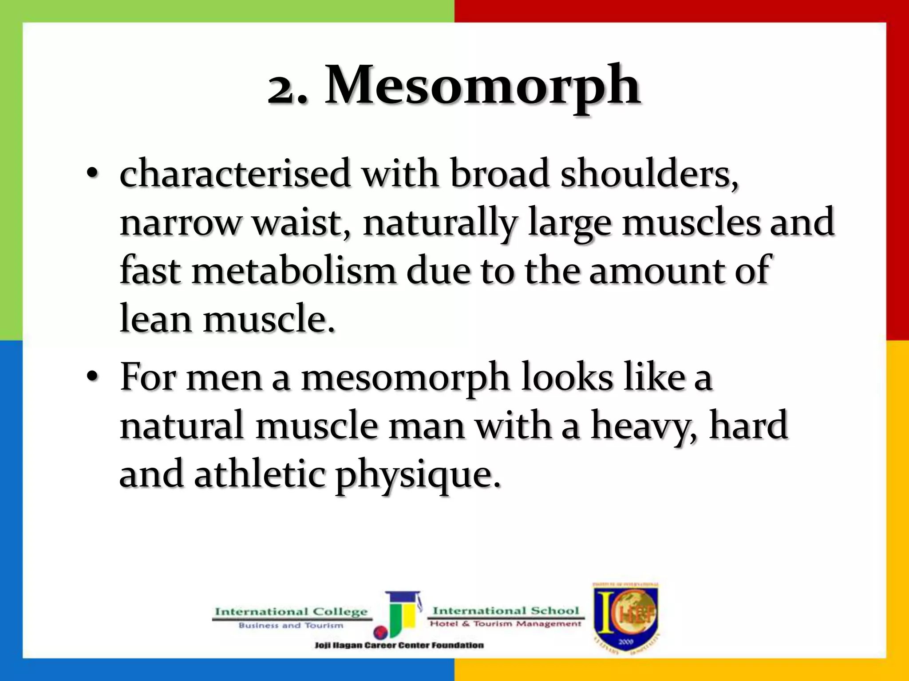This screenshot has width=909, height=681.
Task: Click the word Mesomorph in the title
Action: pyautogui.click(x=482, y=85)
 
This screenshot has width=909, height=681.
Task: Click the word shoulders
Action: pyautogui.click(x=649, y=174)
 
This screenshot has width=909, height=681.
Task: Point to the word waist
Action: pyautogui.click(x=301, y=223)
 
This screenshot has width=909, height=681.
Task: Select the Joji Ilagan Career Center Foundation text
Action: pyautogui.click(x=399, y=645)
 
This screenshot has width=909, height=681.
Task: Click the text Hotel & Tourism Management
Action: pyautogui.click(x=505, y=624)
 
